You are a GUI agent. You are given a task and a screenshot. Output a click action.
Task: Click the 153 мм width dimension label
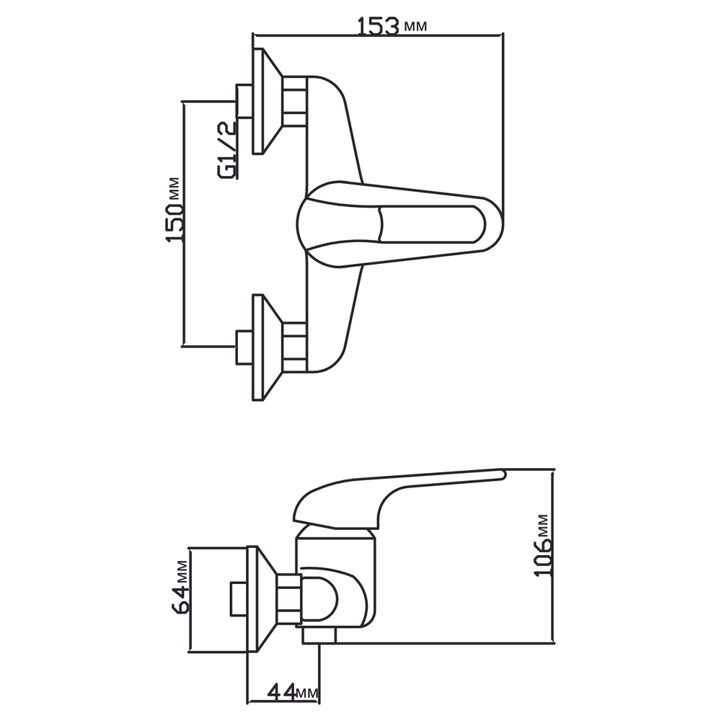pyautogui.click(x=392, y=26)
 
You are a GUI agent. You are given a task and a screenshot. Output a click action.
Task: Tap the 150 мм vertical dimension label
pyautogui.click(x=174, y=209)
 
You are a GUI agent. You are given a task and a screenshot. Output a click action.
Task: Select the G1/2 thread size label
pyautogui.click(x=228, y=149)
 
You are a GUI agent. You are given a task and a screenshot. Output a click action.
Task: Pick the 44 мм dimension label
pyautogui.click(x=292, y=694)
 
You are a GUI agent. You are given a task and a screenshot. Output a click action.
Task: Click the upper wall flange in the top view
pyautogui.click(x=265, y=101)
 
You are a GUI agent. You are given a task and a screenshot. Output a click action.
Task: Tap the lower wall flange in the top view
pyautogui.click(x=265, y=347)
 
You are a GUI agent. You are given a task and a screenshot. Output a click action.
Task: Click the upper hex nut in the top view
pyautogui.click(x=295, y=101)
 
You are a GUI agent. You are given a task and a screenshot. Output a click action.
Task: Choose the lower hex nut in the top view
pyautogui.click(x=295, y=347)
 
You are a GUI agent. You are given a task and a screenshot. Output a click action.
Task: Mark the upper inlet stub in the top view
pyautogui.click(x=244, y=101)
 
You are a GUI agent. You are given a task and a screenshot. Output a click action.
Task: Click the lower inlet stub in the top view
pyautogui.click(x=244, y=347)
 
